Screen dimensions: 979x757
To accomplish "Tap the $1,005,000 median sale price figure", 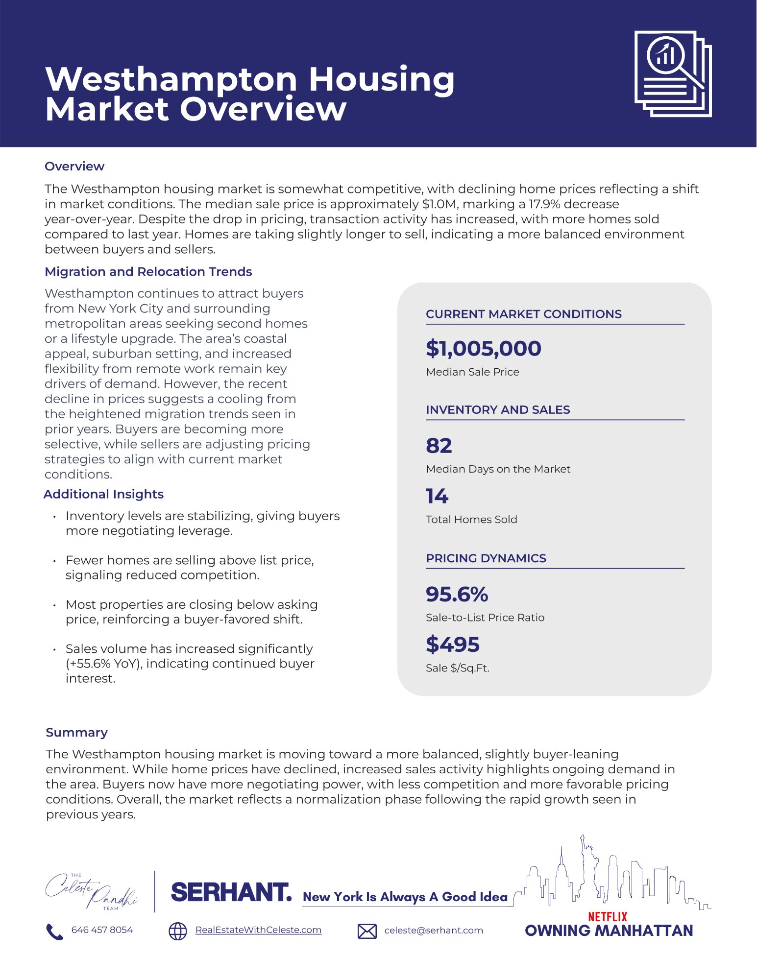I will pyautogui.click(x=483, y=348).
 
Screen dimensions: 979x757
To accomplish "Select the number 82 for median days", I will pyautogui.click(x=439, y=446).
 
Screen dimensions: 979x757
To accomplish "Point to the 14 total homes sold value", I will pyautogui.click(x=437, y=496).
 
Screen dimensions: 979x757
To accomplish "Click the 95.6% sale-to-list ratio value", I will pyautogui.click(x=457, y=594).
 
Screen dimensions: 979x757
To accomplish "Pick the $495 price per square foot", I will pyautogui.click(x=452, y=645).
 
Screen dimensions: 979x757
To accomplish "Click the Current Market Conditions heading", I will pyautogui.click(x=523, y=314).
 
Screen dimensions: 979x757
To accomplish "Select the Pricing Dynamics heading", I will pyautogui.click(x=486, y=558).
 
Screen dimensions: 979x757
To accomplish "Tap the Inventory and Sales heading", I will pyautogui.click(x=498, y=410).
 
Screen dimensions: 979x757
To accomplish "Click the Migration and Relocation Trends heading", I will pyautogui.click(x=148, y=272).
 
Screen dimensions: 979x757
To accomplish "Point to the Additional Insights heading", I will pyautogui.click(x=103, y=494).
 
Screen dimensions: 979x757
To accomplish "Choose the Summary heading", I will pyautogui.click(x=76, y=733).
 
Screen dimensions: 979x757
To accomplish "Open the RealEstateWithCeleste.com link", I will pyautogui.click(x=258, y=930).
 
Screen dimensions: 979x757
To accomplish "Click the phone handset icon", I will pyautogui.click(x=54, y=931).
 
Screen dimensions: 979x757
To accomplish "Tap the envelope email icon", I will pyautogui.click(x=367, y=931).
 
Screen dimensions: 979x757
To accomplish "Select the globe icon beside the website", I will pyautogui.click(x=177, y=931).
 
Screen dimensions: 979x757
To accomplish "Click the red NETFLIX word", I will pyautogui.click(x=607, y=916).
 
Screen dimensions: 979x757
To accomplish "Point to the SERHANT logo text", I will pyautogui.click(x=231, y=892).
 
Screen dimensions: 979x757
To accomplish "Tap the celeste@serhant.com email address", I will pyautogui.click(x=433, y=931).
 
